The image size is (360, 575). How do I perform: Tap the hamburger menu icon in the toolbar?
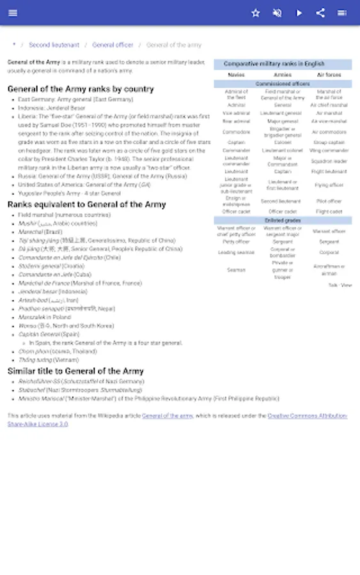point(13,13)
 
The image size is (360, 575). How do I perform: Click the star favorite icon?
point(256,13)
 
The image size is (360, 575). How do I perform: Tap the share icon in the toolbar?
point(320,13)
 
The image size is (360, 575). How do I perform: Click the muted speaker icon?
point(277,13)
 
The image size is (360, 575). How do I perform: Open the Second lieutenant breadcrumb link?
point(54,45)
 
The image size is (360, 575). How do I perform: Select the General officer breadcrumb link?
point(113,45)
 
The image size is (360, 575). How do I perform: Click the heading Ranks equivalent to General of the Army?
point(86,204)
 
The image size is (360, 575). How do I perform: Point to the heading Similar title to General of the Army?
point(75,371)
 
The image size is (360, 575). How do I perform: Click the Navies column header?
point(236,75)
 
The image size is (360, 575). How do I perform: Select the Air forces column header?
point(329,75)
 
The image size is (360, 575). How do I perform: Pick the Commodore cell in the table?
point(236,132)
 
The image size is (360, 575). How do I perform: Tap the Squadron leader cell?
point(329,162)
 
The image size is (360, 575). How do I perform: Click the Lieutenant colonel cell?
point(283,150)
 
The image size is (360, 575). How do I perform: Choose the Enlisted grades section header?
point(283,220)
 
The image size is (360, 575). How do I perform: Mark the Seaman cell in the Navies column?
point(236,270)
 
